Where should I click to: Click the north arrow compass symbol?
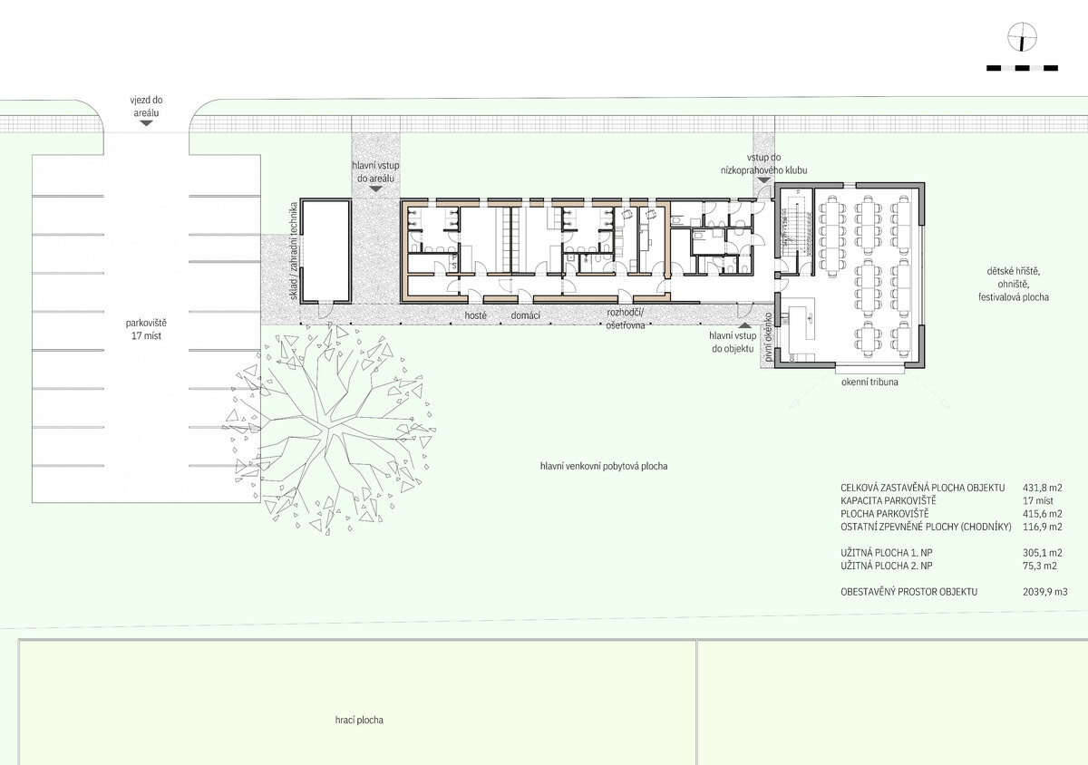1022,37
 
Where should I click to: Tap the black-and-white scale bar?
1022,69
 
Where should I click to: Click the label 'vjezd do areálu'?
146,106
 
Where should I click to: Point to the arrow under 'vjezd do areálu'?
146,123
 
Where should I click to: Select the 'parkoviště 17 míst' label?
146,329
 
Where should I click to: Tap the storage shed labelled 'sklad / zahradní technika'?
325,251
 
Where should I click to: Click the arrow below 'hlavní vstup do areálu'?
375,189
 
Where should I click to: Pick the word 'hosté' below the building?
475,315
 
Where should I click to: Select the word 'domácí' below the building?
526,315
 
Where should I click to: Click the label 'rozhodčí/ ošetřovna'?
625,319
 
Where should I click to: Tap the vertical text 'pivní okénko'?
768,336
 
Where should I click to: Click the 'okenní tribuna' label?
869,382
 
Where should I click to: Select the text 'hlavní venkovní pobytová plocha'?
604,466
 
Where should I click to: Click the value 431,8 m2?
1043,488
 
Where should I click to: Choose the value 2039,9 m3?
1045,592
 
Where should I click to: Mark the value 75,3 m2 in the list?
1040,566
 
